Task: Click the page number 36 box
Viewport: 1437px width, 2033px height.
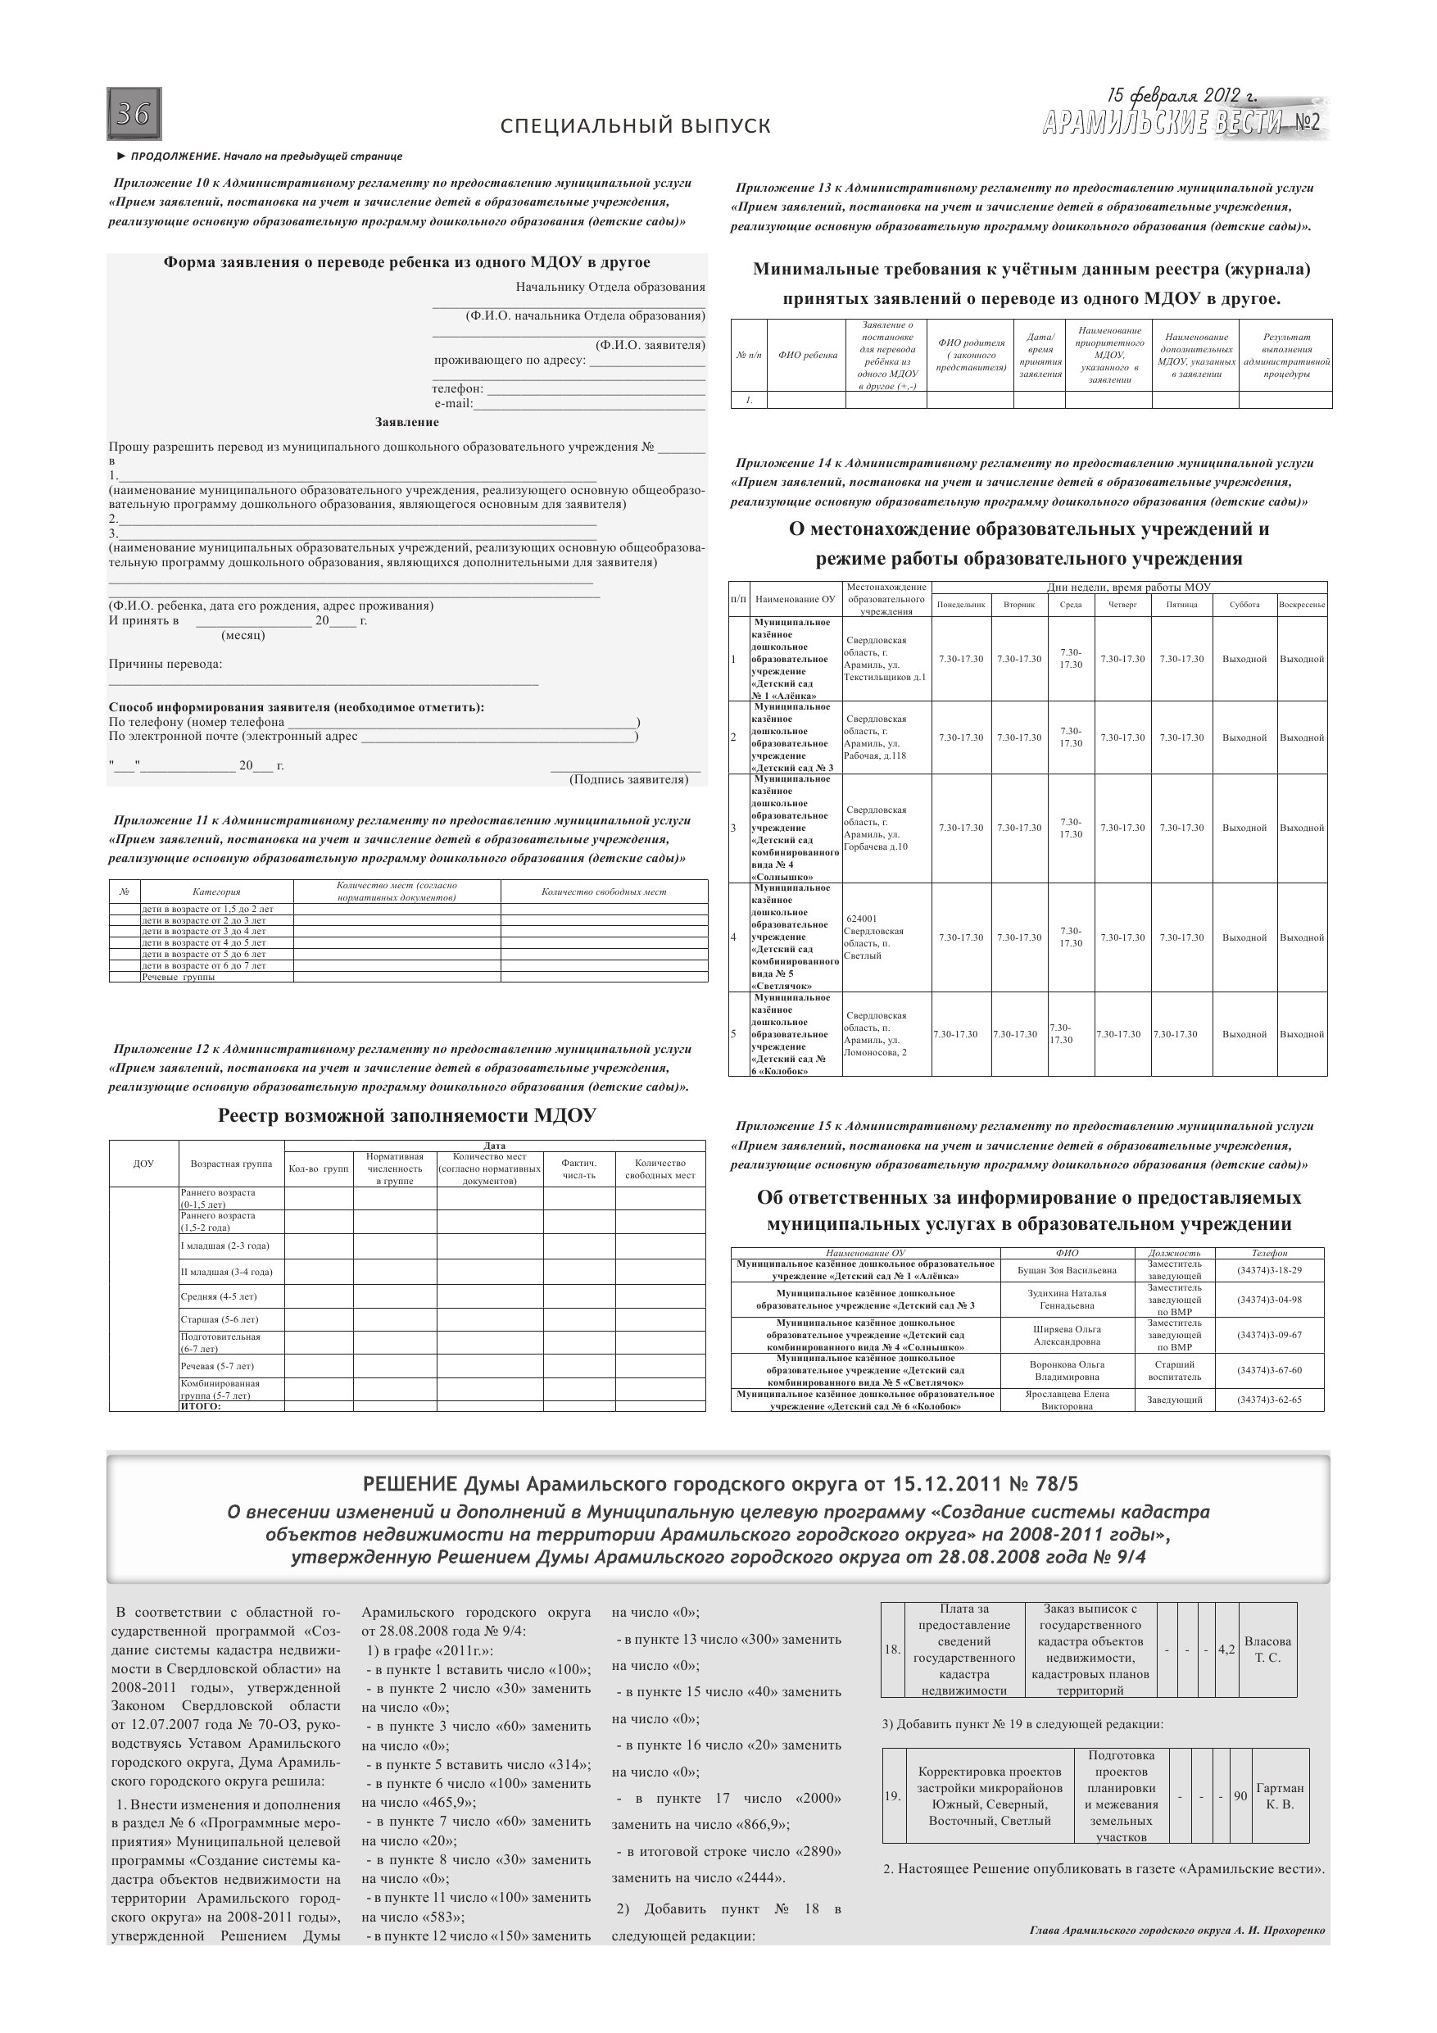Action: pos(134,114)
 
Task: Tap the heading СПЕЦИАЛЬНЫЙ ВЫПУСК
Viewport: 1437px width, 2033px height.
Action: pos(635,125)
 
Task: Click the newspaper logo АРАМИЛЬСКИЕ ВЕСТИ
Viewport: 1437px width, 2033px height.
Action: pos(1163,123)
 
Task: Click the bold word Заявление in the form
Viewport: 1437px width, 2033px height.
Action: pos(406,422)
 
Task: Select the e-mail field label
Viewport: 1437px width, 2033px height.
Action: pos(453,404)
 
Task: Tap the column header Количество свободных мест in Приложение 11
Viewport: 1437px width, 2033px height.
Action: pos(603,892)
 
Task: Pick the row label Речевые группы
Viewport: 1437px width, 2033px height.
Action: pos(178,978)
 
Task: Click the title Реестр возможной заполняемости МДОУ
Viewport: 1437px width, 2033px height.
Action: pos(406,1116)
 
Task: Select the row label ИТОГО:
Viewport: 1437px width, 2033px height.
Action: pos(201,1406)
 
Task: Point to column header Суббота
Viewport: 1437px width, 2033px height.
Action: pos(1244,605)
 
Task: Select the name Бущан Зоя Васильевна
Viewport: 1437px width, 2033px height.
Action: pos(1067,1270)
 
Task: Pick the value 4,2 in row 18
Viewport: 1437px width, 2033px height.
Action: pos(1226,1650)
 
